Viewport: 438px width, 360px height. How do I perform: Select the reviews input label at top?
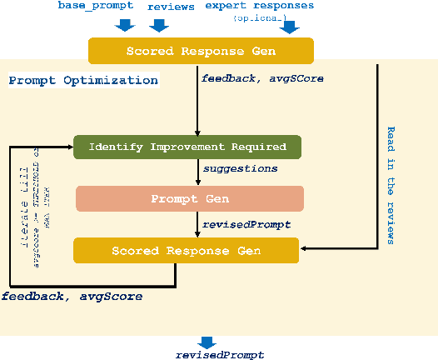pos(171,7)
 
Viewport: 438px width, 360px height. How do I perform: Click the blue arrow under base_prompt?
pos(125,24)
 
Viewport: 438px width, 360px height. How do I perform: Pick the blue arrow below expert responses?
pos(289,27)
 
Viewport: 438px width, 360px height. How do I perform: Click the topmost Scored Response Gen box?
pos(201,52)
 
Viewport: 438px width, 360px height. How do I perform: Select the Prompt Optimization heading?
pos(82,81)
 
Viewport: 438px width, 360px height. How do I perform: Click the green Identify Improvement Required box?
pos(187,147)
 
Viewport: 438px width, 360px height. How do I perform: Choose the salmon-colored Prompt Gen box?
pos(190,198)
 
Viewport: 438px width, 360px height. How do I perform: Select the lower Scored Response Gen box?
pos(186,250)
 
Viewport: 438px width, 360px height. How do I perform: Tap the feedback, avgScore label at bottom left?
pos(71,297)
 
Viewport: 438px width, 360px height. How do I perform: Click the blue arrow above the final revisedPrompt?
pos(206,342)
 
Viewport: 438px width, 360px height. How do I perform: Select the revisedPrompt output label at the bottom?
pos(220,355)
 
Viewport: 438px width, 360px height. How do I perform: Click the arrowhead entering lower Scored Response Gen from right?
pos(304,247)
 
